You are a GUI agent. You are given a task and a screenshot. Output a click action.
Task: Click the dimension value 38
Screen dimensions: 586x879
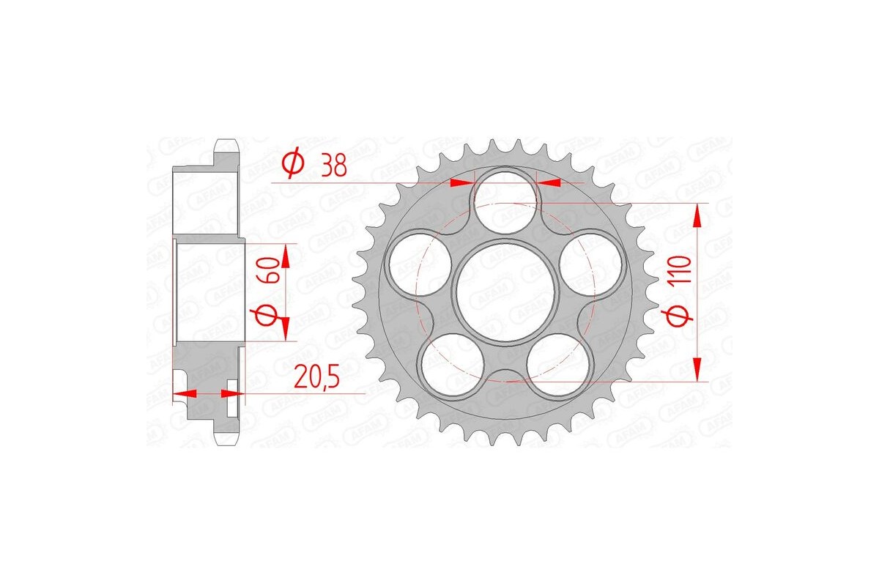(x=333, y=166)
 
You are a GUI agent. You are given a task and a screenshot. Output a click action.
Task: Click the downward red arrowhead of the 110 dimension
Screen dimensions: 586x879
(x=697, y=370)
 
